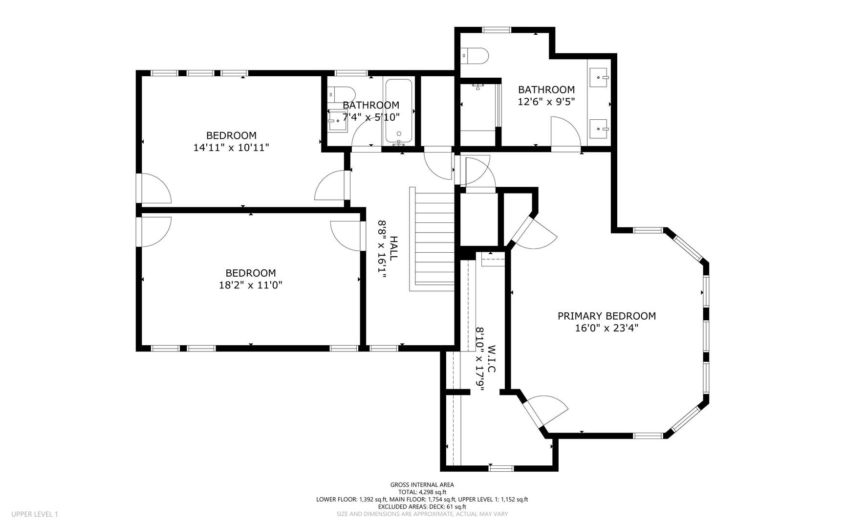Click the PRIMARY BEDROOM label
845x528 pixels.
pos(607,316)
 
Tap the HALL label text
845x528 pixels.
pos(393,248)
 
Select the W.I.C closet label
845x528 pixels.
pos(491,359)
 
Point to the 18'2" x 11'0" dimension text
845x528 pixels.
pos(251,285)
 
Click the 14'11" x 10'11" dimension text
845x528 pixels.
pos(231,147)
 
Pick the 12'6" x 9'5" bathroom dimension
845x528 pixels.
pos(546,102)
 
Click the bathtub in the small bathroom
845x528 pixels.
pos(399,111)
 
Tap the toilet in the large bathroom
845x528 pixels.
pos(475,56)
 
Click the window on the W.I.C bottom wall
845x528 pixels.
pos(501,468)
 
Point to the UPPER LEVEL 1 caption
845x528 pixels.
pos(35,514)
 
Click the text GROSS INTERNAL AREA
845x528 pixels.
pos(422,485)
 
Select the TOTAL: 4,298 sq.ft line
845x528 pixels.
pos(422,492)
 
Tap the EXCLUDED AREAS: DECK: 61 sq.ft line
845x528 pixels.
pos(422,507)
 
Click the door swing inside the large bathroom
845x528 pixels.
pos(565,131)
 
